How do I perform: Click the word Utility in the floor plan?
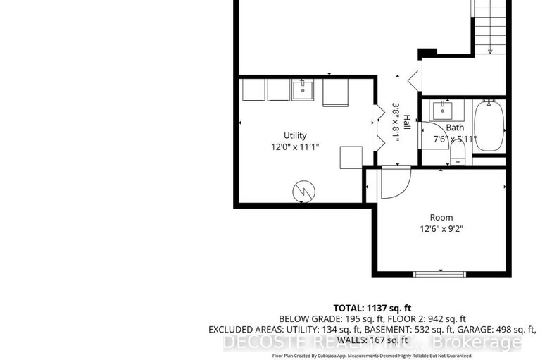tap(295, 135)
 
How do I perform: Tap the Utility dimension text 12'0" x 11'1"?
tap(295, 147)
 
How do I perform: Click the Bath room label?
tap(454, 128)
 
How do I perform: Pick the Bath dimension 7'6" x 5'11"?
tap(454, 139)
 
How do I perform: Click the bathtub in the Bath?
tap(487, 127)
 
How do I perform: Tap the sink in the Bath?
tap(442, 110)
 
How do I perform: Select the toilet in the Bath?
tap(457, 154)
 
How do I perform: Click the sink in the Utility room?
tap(303, 91)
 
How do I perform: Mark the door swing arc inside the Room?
tap(394, 184)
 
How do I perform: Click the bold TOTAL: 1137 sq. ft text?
tap(373, 307)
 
